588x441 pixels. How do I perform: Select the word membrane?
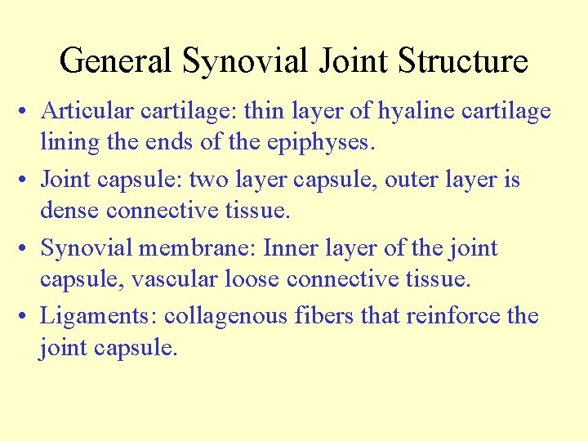tap(199, 247)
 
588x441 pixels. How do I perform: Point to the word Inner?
tap(290, 247)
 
